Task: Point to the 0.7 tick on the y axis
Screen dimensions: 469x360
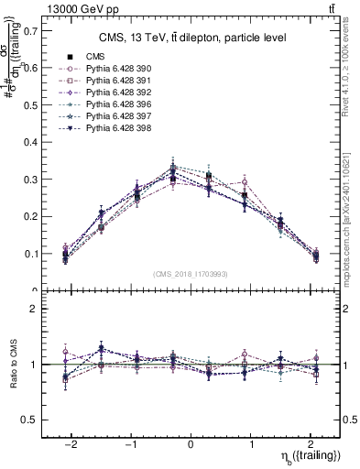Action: pyautogui.click(x=30, y=30)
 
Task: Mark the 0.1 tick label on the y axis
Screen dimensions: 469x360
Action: pyautogui.click(x=30, y=254)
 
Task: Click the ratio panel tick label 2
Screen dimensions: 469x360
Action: pyautogui.click(x=35, y=309)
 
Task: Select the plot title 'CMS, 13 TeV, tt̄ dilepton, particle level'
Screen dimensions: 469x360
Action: pyautogui.click(x=191, y=38)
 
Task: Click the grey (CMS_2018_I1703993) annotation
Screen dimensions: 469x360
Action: pyautogui.click(x=191, y=274)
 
